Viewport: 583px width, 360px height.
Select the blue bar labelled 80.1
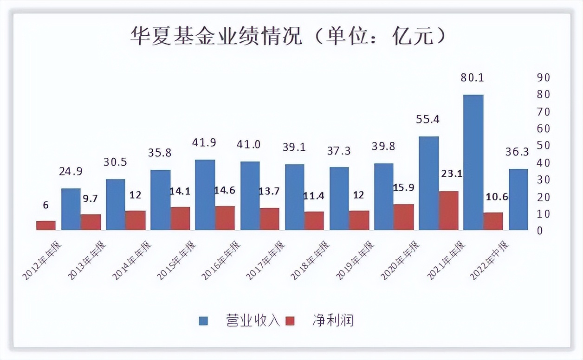point(473,162)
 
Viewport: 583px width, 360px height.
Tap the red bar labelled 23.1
point(448,211)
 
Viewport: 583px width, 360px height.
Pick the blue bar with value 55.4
point(428,183)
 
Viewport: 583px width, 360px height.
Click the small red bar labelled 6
point(45,225)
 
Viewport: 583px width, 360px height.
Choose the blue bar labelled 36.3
point(518,199)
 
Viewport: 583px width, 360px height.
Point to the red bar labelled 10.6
point(493,221)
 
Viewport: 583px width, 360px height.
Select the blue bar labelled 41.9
point(205,195)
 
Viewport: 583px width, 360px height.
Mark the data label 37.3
point(339,151)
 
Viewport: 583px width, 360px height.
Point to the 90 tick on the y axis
point(544,77)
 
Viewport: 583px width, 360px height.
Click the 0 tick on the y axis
point(540,231)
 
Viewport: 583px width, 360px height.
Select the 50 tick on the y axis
point(544,146)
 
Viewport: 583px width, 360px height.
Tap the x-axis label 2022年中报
point(490,260)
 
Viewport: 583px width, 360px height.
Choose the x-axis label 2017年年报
point(266,260)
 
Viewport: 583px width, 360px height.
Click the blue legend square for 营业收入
point(204,321)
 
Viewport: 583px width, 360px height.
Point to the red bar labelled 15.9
point(404,217)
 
